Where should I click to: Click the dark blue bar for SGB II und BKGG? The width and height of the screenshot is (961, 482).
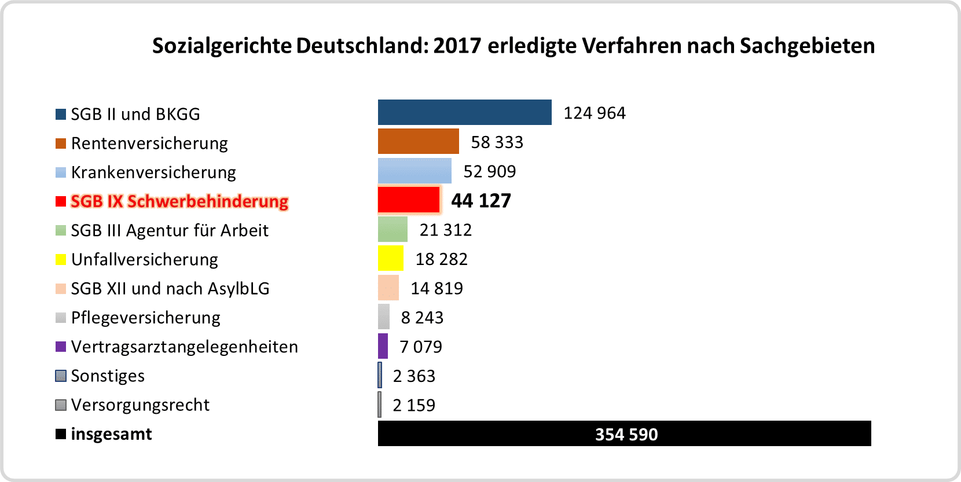464,112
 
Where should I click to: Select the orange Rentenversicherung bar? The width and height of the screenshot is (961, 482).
418,141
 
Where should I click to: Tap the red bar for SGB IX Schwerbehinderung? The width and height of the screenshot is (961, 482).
409,200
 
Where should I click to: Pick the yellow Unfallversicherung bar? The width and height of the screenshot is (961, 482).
391,258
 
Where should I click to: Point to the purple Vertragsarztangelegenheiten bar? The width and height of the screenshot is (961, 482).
383,346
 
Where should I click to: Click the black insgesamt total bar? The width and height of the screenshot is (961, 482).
624,433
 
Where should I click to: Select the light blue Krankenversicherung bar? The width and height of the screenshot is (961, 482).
415,171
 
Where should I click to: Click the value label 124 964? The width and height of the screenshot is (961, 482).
595,113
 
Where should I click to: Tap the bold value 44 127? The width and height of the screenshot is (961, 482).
481,201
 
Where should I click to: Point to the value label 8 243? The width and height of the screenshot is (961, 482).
422,318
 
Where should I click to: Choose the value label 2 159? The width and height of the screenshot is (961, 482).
414,405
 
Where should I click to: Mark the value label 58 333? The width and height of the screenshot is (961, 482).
497,142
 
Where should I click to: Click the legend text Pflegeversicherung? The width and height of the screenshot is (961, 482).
145,318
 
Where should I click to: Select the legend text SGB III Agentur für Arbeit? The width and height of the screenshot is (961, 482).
170,230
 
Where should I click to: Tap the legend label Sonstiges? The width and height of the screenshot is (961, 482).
108,376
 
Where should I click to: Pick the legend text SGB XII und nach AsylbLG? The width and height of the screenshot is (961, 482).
170,288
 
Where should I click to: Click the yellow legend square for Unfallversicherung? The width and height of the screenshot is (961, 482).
61,259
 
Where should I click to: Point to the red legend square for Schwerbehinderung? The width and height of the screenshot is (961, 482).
61,201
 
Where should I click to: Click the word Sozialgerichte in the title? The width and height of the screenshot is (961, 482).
222,46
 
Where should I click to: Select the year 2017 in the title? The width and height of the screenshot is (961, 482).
457,46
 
